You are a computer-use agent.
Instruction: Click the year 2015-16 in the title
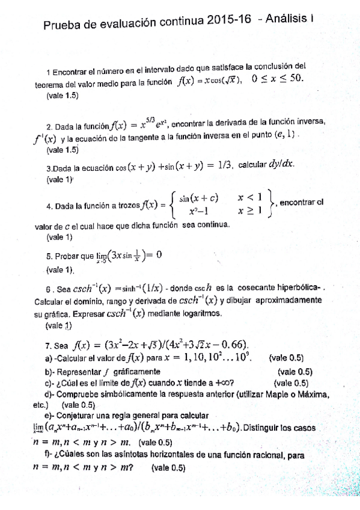coord(227,22)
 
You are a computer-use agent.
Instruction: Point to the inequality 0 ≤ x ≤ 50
coord(278,78)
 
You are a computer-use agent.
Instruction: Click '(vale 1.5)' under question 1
coord(62,95)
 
